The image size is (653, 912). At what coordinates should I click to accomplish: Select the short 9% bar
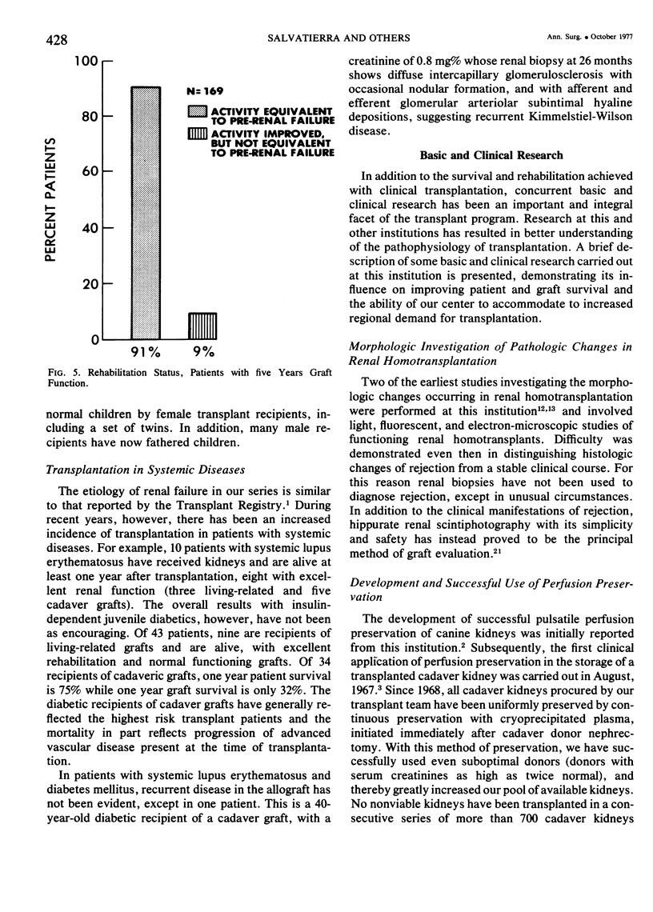click(x=203, y=326)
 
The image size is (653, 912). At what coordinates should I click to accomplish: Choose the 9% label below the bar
click(x=202, y=353)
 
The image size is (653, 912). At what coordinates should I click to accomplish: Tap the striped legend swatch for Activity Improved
click(x=197, y=133)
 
